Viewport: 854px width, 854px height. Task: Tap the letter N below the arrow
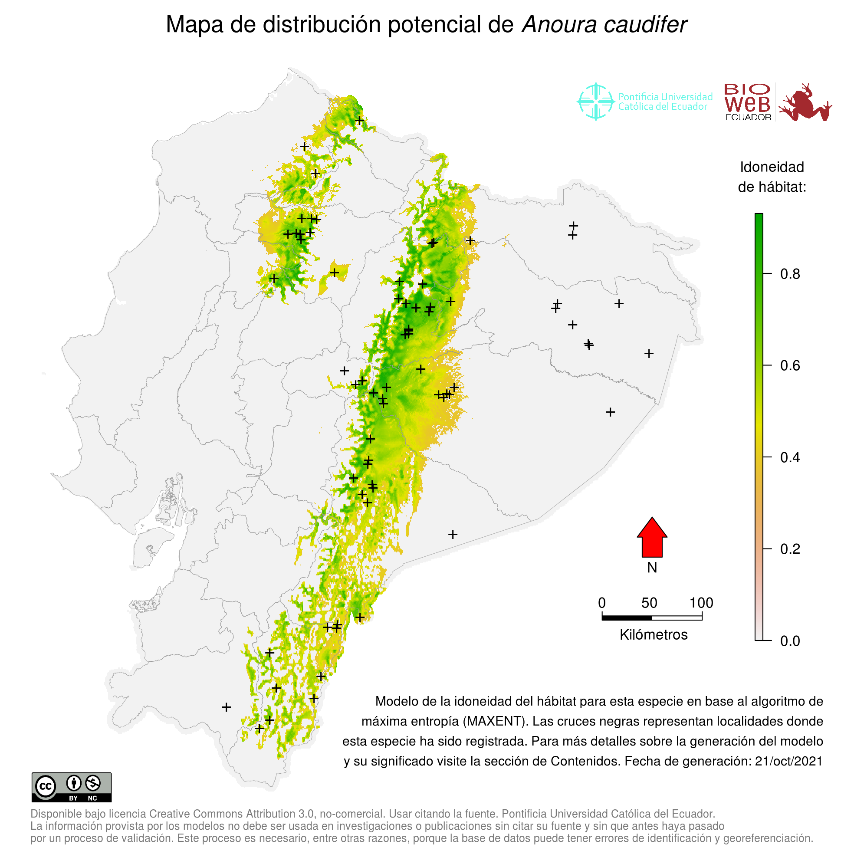[x=652, y=568]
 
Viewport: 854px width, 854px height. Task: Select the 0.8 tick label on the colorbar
[x=790, y=275]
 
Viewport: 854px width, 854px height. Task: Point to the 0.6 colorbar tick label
[x=790, y=366]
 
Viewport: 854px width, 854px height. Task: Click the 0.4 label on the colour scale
[x=790, y=457]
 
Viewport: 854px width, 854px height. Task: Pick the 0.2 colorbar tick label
[x=790, y=549]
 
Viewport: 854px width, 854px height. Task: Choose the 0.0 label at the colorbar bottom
[x=790, y=641]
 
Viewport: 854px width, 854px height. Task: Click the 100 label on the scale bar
[x=702, y=603]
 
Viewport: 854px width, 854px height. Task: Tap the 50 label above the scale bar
[x=649, y=603]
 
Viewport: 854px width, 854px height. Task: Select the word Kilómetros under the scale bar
[x=654, y=635]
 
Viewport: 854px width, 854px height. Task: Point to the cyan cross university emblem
[x=596, y=102]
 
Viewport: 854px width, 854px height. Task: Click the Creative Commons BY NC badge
[x=72, y=787]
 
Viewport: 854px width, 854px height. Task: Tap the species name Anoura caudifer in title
[x=604, y=25]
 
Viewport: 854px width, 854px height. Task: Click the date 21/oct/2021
[x=788, y=761]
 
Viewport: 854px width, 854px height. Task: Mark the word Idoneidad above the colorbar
[x=772, y=167]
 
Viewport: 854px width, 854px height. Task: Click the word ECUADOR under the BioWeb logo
[x=749, y=118]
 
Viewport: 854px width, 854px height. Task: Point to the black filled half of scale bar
[x=627, y=618]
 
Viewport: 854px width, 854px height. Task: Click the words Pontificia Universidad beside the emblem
[x=665, y=97]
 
